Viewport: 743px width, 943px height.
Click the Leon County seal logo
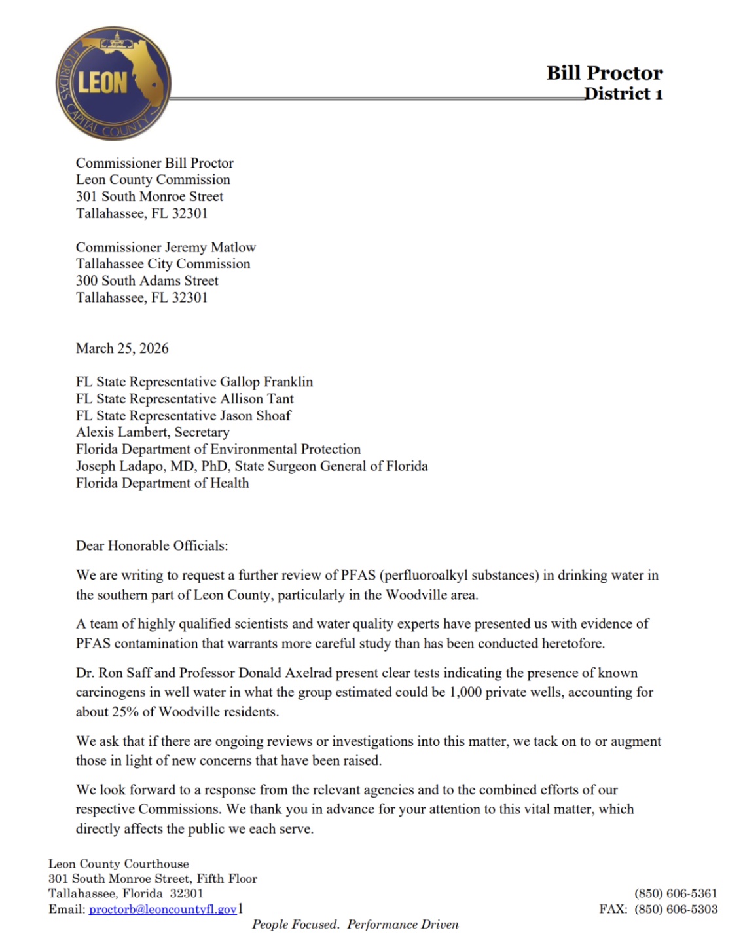pos(113,83)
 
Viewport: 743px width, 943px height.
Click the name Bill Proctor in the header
pos(604,73)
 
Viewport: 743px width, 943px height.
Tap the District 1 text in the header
pos(623,94)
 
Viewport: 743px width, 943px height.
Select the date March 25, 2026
pos(122,348)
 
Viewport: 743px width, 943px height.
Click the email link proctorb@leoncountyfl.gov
pos(162,909)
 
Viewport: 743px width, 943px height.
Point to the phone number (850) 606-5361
pos(676,893)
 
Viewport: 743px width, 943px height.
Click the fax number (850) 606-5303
pos(676,909)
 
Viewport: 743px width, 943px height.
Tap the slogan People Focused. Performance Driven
pos(355,925)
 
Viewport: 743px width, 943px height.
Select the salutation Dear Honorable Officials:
pos(152,545)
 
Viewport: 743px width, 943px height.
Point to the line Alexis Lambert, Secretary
pos(153,432)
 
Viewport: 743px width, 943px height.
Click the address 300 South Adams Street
pos(147,281)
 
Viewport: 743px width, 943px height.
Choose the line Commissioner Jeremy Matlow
pos(166,247)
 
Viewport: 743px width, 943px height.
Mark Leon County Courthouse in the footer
pos(118,864)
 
